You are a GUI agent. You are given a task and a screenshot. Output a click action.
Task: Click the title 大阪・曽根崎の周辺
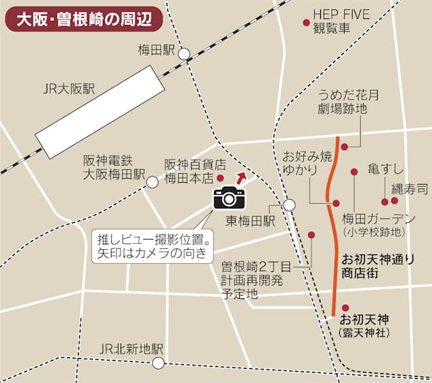(83, 18)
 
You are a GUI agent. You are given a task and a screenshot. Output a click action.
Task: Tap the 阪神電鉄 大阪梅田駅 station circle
(152, 181)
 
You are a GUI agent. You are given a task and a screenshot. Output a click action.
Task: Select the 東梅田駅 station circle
(290, 204)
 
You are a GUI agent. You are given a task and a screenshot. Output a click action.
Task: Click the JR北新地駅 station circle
(158, 363)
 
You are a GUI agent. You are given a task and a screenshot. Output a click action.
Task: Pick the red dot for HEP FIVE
(306, 22)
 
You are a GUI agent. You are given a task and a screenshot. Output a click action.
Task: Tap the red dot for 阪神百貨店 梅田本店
(219, 178)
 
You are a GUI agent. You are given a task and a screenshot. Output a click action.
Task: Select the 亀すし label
(385, 168)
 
